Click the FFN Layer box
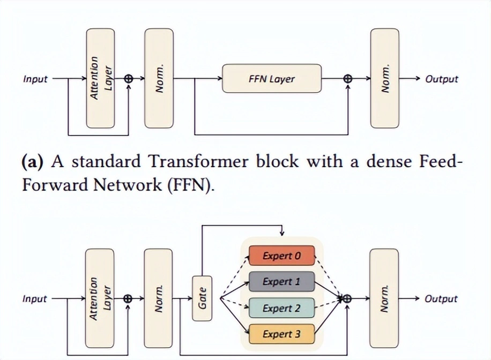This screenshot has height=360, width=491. pos(272,79)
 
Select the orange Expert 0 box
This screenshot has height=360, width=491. pos(281,256)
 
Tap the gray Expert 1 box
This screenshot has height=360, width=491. pos(281,282)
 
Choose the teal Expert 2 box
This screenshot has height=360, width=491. pos(281,308)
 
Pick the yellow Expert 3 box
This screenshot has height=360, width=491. pos(281,334)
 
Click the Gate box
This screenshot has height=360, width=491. pos(202,298)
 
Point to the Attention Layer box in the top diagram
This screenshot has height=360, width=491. pos(100,78)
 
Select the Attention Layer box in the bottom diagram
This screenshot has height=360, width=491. pos(100,298)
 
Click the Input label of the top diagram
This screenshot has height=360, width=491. pos(35,79)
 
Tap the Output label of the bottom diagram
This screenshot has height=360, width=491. pos(441,299)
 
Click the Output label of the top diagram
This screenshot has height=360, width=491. pos(441,79)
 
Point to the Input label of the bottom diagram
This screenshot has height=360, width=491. pos(35,299)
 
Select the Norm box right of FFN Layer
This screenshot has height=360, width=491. pos(384,78)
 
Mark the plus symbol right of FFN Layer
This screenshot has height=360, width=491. pos(348,79)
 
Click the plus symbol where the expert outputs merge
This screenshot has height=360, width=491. pos(347,299)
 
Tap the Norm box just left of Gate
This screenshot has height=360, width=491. pos(159,298)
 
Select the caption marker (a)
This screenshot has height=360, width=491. pos(33,161)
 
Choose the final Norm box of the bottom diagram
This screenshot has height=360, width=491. pos(384,298)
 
